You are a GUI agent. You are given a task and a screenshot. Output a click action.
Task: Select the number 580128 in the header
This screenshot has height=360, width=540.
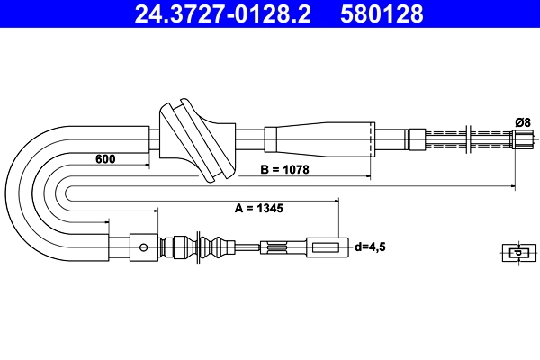[x=381, y=14]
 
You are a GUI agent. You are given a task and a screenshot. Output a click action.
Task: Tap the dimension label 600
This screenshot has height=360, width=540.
[x=106, y=159]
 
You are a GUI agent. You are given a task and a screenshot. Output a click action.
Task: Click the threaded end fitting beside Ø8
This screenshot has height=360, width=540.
[x=523, y=139]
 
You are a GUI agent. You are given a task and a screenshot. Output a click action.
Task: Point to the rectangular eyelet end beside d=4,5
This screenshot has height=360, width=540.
[x=327, y=246]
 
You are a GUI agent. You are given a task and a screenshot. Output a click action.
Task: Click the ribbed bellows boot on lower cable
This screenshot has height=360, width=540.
[x=213, y=246]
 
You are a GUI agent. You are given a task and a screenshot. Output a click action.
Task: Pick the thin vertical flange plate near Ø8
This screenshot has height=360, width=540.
[x=469, y=139]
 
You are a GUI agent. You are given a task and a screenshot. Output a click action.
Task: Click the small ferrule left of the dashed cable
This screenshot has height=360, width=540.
[x=415, y=139]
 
